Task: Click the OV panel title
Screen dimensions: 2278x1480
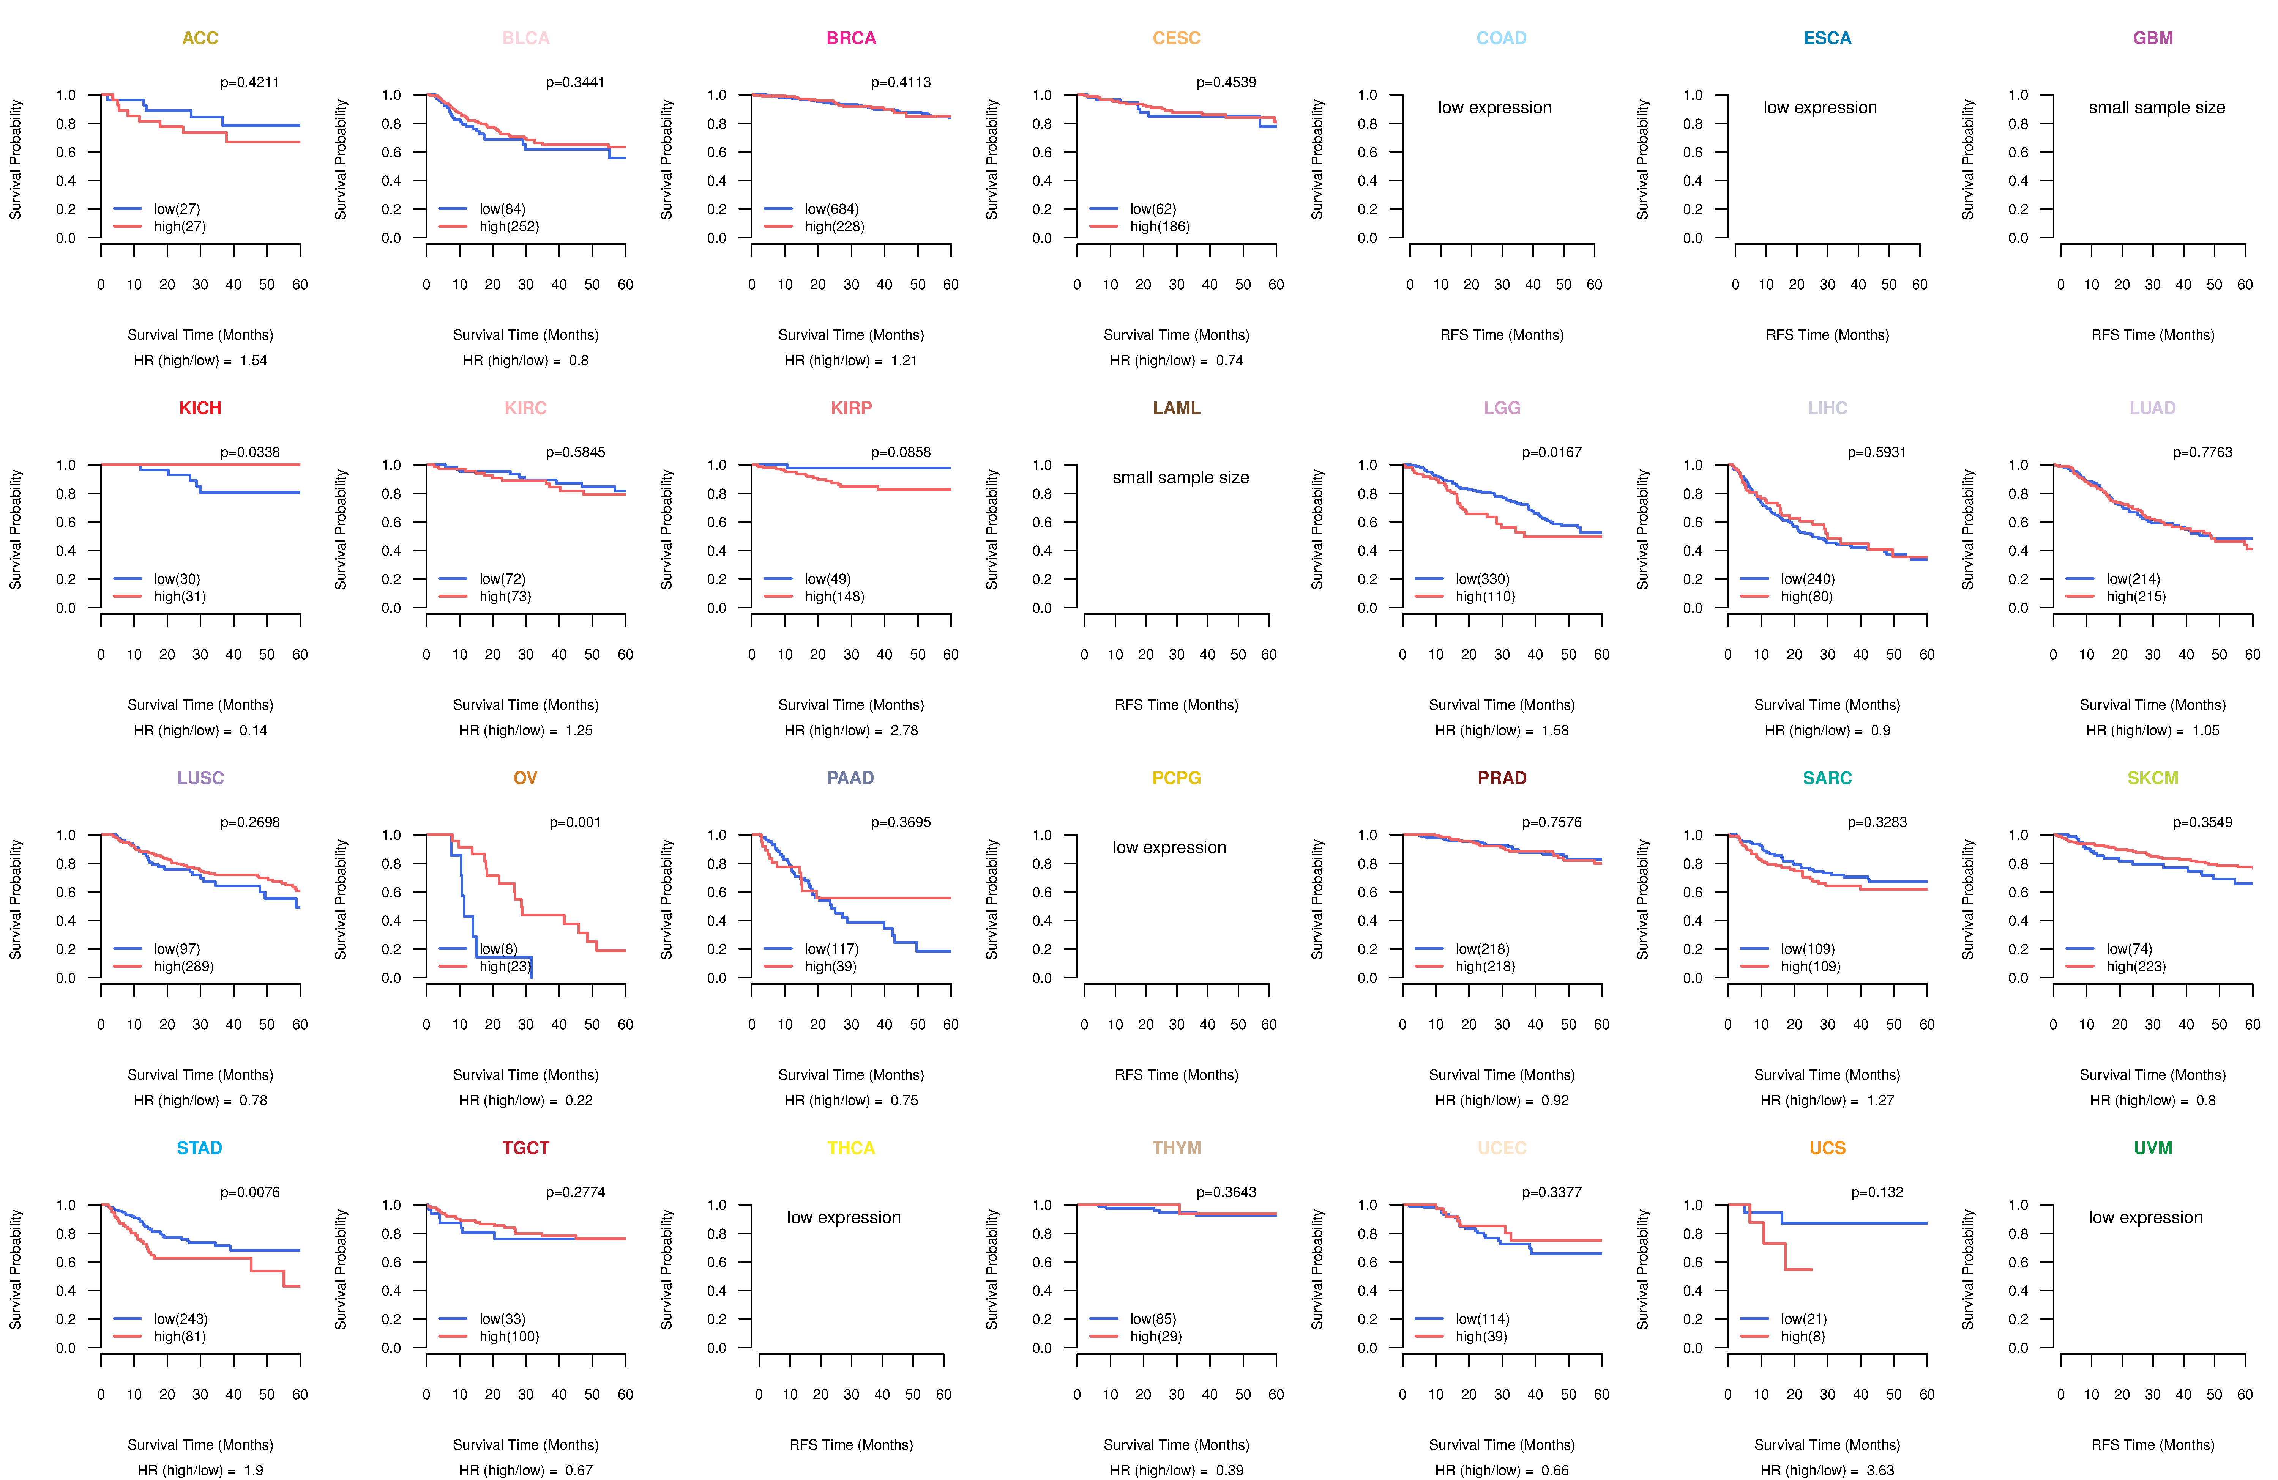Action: [525, 778]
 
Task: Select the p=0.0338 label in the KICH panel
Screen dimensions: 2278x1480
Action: [250, 452]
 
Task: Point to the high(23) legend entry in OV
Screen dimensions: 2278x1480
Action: [505, 966]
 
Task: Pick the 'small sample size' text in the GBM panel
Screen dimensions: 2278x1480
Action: [2157, 107]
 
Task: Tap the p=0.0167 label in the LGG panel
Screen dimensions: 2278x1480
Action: [1552, 452]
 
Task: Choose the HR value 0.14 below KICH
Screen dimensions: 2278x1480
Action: [254, 730]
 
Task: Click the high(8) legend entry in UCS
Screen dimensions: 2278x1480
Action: [1802, 1337]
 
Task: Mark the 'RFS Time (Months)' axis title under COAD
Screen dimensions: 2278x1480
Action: [1502, 335]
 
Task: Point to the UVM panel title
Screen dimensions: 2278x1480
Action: [2153, 1148]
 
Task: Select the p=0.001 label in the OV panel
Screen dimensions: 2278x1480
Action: [575, 823]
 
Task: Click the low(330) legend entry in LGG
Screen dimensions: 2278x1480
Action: [1483, 579]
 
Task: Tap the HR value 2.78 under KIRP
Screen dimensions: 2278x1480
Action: [904, 730]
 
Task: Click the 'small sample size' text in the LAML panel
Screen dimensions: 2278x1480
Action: [1180, 477]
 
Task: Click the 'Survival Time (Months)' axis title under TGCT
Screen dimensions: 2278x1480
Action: [525, 1445]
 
